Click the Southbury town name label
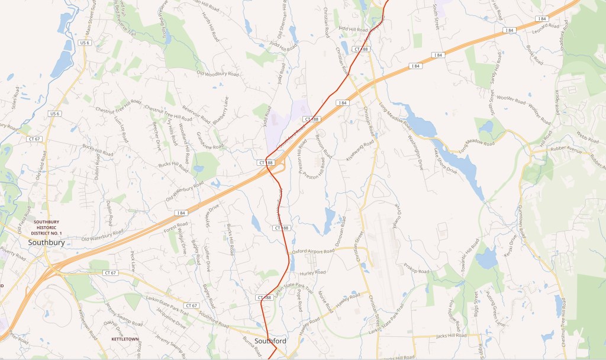tap(50, 242)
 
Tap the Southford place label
tap(270, 341)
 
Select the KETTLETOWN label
tap(125, 339)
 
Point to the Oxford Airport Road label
tap(312, 251)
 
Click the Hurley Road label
tap(313, 272)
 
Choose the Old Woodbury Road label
tap(217, 74)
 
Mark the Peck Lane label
tap(133, 261)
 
